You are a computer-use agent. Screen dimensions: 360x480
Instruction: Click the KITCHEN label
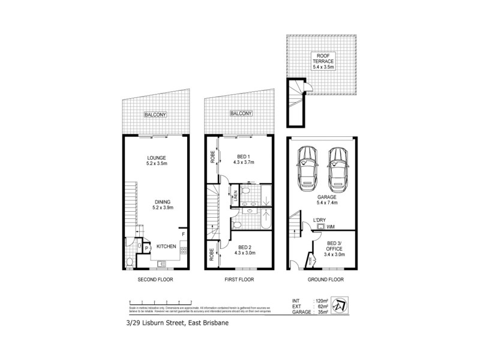point(165,247)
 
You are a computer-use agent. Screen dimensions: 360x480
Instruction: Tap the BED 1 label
point(243,158)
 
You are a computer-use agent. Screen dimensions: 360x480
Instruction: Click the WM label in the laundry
point(331,226)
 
